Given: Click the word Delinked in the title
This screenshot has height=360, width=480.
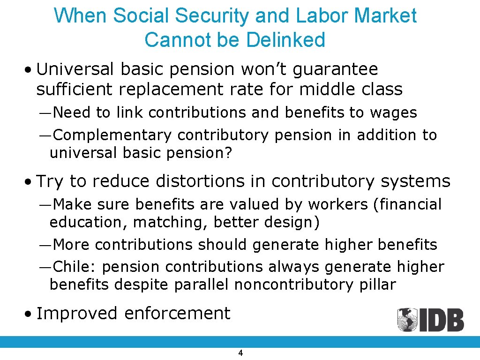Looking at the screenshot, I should click(285, 39).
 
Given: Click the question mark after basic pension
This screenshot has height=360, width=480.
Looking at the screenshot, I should click(229, 153).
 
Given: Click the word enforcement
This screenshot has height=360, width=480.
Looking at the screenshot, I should click(177, 313).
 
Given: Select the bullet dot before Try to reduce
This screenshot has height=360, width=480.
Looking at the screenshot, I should click(29, 181).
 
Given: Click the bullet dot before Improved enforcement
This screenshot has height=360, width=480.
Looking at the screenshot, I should click(29, 314).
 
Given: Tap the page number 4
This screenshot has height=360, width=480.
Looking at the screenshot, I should click(240, 353).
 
